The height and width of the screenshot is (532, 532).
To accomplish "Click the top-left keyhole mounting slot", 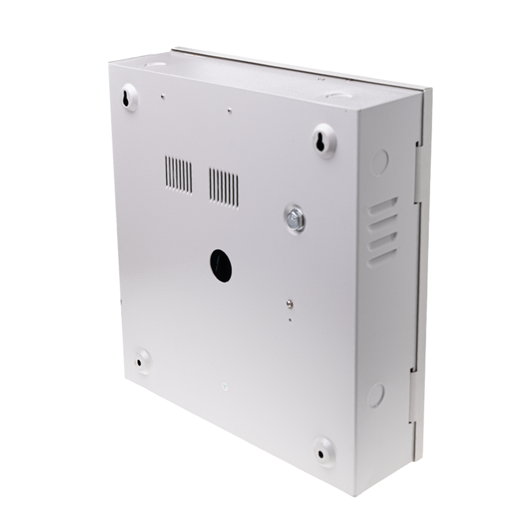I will (127, 98).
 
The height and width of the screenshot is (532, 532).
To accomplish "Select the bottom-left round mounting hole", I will (140, 362).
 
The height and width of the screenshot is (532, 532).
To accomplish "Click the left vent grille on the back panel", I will (178, 174).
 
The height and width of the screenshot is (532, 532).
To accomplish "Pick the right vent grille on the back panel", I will (224, 187).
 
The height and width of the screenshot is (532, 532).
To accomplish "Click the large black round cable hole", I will (221, 266).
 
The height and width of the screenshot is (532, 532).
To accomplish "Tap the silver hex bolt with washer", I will (294, 219).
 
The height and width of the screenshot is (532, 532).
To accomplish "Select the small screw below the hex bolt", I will (290, 304).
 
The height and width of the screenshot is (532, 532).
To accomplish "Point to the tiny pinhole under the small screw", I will (290, 319).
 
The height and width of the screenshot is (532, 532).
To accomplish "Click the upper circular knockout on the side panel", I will (380, 163).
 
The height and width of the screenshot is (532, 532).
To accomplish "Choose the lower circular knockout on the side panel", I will (376, 395).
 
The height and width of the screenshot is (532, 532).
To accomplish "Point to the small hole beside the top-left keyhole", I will (163, 96).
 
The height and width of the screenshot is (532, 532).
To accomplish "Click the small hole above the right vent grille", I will (229, 112).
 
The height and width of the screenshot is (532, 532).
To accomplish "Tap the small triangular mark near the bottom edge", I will (224, 386).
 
